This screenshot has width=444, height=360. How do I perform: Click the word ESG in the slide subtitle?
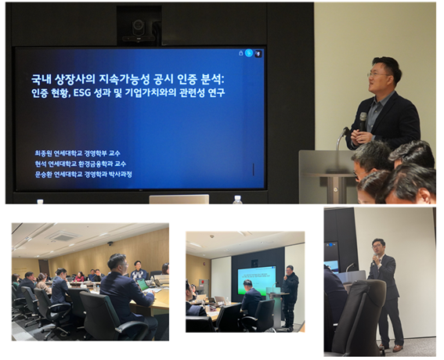[81, 92]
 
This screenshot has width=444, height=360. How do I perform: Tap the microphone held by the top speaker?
[363, 121]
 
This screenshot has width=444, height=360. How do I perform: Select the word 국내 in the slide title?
[40, 79]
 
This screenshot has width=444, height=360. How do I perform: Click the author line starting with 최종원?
[78, 153]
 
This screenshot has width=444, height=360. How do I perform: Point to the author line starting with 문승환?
[83, 175]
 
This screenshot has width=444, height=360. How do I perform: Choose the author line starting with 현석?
[81, 164]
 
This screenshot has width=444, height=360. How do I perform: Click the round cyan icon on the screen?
[249, 53]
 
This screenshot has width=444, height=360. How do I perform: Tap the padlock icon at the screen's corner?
[240, 53]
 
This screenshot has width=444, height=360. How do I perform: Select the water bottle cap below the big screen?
[237, 196]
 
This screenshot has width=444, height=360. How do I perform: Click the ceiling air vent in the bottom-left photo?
[62, 236]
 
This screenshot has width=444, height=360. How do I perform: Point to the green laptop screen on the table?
[143, 284]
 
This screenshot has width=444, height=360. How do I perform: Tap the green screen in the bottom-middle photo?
[256, 280]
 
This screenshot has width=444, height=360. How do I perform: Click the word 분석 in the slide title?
[211, 79]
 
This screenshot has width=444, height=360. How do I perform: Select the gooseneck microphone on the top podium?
[341, 138]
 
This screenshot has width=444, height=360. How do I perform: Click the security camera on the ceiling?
[110, 243]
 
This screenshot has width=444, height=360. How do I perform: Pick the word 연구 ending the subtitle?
[216, 92]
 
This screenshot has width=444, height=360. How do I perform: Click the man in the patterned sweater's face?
[138, 265]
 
